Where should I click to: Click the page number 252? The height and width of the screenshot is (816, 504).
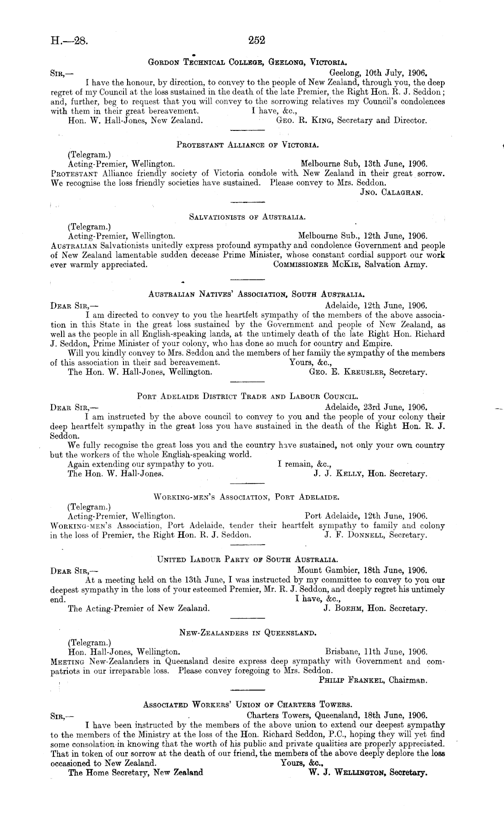[x=256, y=41]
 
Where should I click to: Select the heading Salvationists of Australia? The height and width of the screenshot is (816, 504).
[x=247, y=217]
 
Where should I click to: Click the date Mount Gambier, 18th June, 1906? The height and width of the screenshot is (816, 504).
[x=362, y=570]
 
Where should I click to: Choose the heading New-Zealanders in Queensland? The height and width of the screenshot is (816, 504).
[x=247, y=632]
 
